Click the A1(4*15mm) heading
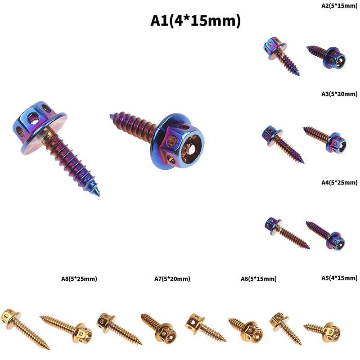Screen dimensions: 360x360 [195, 21]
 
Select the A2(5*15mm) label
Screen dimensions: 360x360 [339, 6]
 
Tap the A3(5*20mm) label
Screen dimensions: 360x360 [339, 94]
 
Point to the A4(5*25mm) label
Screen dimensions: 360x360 [339, 183]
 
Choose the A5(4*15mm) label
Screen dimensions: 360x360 [339, 278]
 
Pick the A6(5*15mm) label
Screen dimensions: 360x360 [258, 279]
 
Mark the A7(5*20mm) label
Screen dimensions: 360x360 [172, 279]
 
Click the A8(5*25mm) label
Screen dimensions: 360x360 [79, 279]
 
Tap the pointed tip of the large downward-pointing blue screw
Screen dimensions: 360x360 [99, 195]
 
